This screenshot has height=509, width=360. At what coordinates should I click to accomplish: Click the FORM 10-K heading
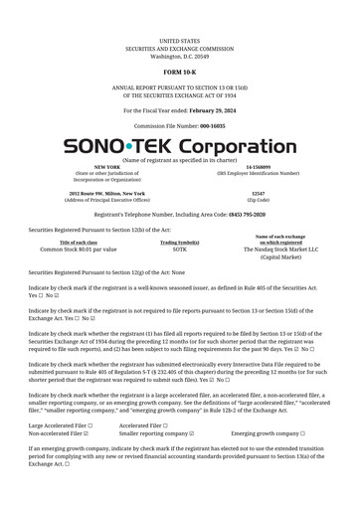tap(179, 74)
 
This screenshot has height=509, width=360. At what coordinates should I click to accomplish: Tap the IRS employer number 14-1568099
tap(258, 167)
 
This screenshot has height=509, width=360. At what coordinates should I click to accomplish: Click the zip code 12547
tap(258, 193)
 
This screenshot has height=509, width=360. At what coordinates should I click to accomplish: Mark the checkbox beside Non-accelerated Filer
tap(87, 433)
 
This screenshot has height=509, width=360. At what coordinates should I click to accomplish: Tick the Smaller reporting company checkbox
tap(192, 433)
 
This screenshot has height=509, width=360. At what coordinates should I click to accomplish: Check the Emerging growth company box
tap(302, 433)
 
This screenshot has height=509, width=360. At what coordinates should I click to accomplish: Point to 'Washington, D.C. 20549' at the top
tap(179, 57)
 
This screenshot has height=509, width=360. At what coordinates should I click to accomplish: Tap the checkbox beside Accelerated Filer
tap(165, 425)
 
